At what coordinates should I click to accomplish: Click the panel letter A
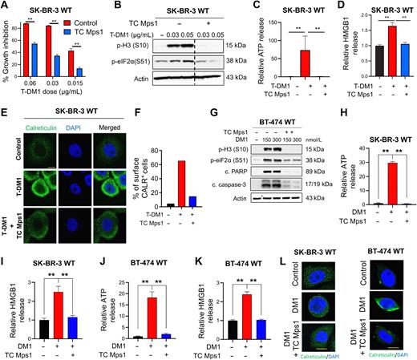point(5,6)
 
